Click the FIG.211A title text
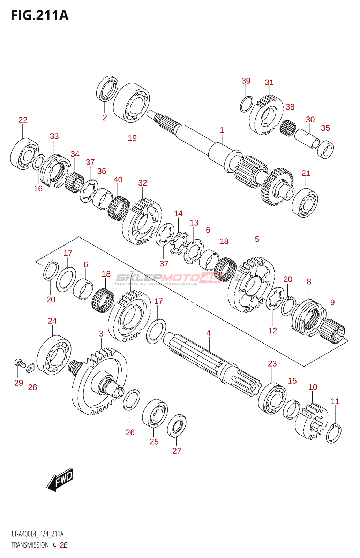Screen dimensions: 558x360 tap(40, 16)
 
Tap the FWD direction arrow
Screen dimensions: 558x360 tap(60, 480)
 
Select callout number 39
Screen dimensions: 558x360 tap(246, 81)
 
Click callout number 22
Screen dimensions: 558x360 tap(23, 120)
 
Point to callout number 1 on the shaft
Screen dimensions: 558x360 tap(222, 130)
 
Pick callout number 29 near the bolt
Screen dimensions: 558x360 tap(19, 383)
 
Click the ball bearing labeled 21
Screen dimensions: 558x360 tap(305, 202)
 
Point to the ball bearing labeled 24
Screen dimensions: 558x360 tap(54, 355)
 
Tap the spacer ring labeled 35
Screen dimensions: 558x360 tap(325, 149)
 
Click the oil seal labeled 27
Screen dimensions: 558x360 tap(177, 426)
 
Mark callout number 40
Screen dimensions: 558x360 tap(118, 180)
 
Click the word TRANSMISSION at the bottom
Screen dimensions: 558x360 tap(30, 545)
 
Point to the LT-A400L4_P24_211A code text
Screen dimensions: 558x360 tap(37, 534)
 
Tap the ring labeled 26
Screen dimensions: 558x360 tap(132, 400)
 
